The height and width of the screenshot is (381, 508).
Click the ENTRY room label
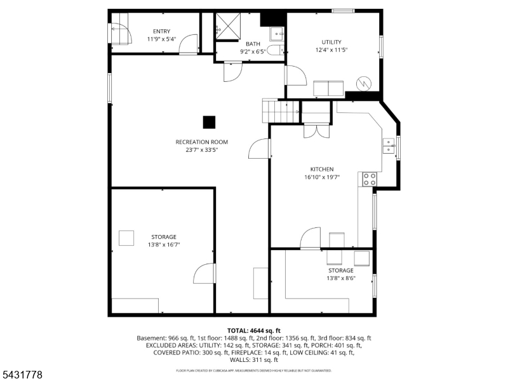click(x=161, y=31)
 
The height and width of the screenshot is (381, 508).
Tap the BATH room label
click(x=253, y=44)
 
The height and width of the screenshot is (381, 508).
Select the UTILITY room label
click(x=331, y=42)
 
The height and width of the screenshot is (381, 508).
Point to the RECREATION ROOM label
click(x=202, y=142)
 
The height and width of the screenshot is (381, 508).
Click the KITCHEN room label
click(x=322, y=169)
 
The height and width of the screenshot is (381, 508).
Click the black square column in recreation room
click(x=209, y=122)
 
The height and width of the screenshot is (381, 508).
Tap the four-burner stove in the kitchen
click(x=370, y=179)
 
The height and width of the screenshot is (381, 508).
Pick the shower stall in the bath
click(x=228, y=26)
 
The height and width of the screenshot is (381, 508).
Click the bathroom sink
click(x=277, y=34)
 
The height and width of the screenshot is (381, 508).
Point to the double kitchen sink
click(x=389, y=146)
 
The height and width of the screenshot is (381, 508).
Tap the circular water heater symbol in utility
click(x=363, y=84)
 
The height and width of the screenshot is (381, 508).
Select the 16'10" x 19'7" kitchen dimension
click(x=322, y=177)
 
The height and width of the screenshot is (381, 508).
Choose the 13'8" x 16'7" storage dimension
click(x=164, y=244)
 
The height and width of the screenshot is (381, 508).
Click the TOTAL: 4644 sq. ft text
click(x=253, y=331)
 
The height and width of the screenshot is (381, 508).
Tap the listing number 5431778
click(x=22, y=375)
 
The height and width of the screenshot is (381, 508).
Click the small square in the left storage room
click(x=126, y=238)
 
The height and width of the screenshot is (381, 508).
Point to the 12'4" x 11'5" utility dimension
click(x=331, y=50)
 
